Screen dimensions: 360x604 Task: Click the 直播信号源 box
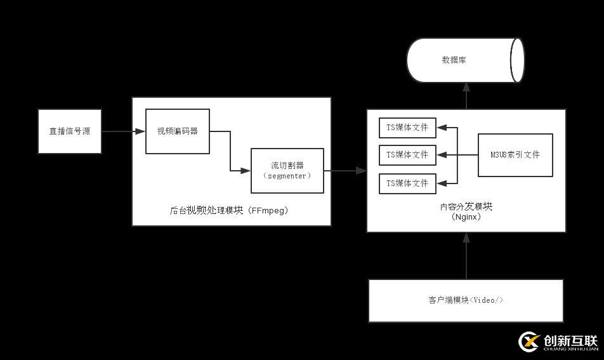coord(70,131)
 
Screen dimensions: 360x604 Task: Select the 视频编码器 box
coord(178,131)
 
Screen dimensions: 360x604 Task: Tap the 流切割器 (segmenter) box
coord(287,170)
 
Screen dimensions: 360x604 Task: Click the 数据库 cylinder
coord(464,60)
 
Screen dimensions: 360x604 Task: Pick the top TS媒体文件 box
coord(407,128)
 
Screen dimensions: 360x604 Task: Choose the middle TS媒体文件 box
coord(407,155)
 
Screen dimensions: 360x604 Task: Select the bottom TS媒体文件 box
coord(407,183)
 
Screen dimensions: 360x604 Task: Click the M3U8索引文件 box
coord(515,155)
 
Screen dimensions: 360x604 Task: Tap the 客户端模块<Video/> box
coord(466,300)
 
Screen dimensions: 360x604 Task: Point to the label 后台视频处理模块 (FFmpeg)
coord(229,210)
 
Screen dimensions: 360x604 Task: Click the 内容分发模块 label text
coord(466,206)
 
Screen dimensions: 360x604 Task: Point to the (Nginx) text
coord(466,217)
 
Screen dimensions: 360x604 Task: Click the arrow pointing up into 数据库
coord(466,96)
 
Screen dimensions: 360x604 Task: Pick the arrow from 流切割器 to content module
coord(345,170)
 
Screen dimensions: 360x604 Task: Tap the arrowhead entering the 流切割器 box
coord(246,170)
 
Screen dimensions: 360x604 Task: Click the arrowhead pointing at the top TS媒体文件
coord(442,128)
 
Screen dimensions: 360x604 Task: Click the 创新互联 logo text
coord(570,340)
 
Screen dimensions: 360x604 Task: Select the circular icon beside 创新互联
coord(528,342)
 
